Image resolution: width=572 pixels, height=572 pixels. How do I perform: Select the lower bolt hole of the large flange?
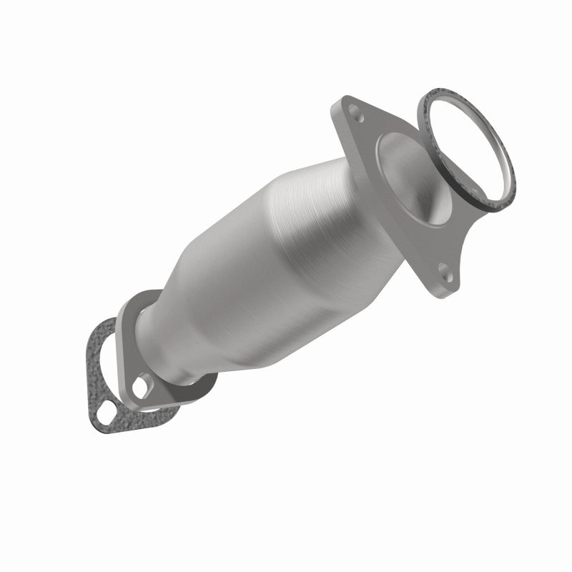coord(444,271)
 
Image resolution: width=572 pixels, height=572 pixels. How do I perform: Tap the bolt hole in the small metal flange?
coord(142,388)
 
